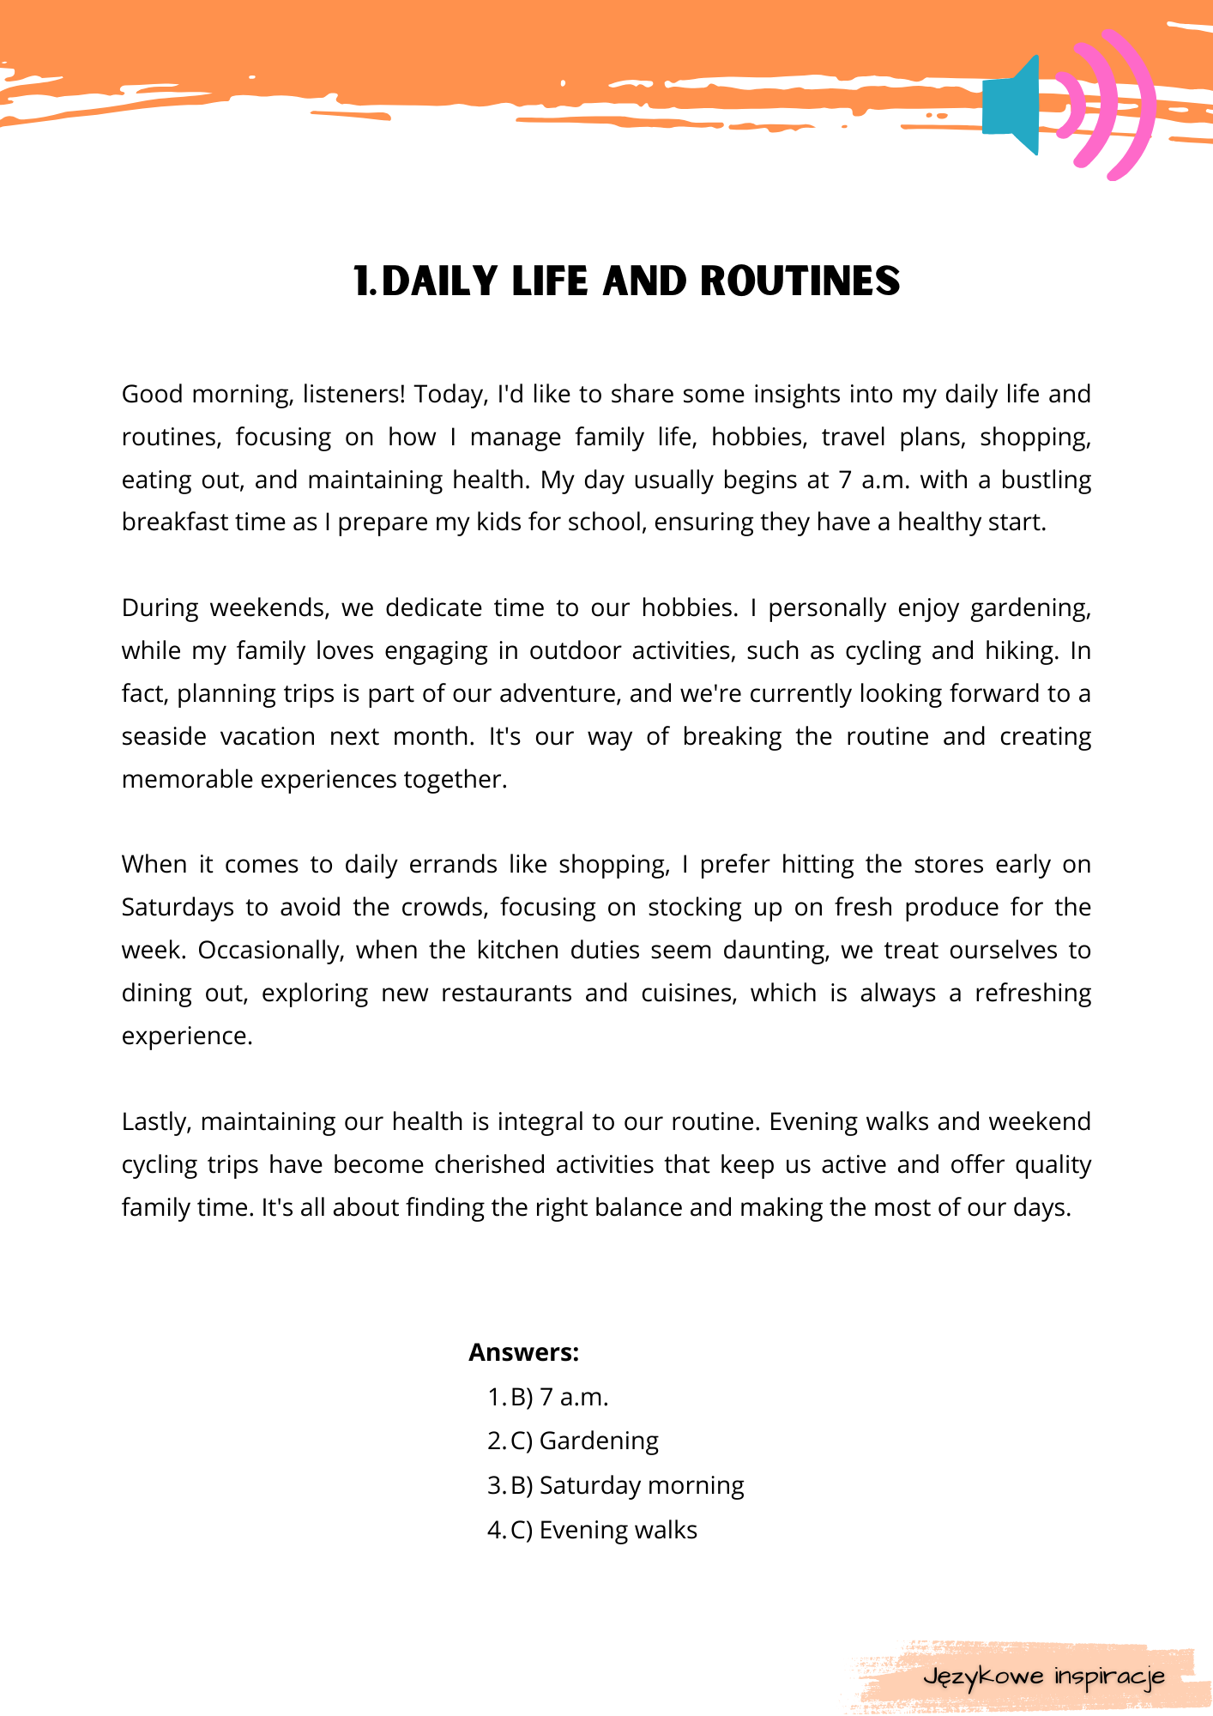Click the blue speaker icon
click(1012, 106)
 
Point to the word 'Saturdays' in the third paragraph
click(178, 908)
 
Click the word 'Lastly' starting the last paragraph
click(156, 1122)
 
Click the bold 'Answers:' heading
click(523, 1353)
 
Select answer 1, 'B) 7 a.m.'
click(558, 1398)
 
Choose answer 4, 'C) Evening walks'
click(603, 1531)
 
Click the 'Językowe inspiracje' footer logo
click(1043, 1677)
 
